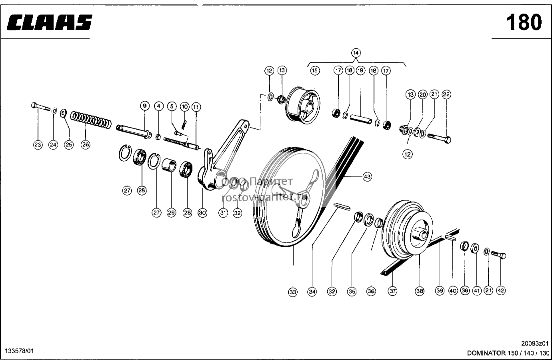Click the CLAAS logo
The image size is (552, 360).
pos(50,22)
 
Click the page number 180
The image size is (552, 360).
pos(524,22)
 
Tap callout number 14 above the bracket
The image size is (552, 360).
pos(356,53)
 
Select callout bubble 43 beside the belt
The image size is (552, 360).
pos(367,177)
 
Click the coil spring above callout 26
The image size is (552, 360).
pos(91,120)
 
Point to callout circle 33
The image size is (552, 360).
pos(293,292)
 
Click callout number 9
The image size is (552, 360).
pos(145,106)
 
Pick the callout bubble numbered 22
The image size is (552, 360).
pos(446,94)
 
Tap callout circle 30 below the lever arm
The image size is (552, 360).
pos(202,213)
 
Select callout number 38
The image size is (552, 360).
pos(420,291)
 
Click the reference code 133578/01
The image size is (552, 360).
pos(19,351)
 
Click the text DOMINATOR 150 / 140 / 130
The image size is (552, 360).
pos(508,353)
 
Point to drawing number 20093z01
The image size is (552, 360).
pos(535,344)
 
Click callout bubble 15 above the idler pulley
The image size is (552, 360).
pos(315,71)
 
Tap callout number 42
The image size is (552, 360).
pos(501,290)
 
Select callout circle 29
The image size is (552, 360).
pos(171,213)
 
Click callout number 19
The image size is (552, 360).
pos(360,71)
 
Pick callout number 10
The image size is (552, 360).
pos(184,107)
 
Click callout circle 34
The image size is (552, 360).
pos(312,292)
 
